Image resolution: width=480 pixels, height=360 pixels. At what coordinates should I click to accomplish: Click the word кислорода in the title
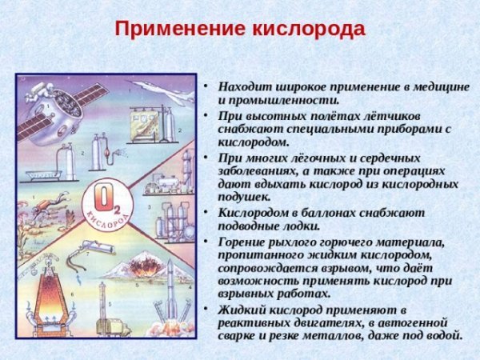(309, 30)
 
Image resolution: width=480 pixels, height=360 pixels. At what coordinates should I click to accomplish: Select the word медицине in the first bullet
(433, 86)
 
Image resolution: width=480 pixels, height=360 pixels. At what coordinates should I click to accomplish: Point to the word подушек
(244, 197)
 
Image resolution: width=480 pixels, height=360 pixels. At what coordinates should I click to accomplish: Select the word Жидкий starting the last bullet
(240, 309)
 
